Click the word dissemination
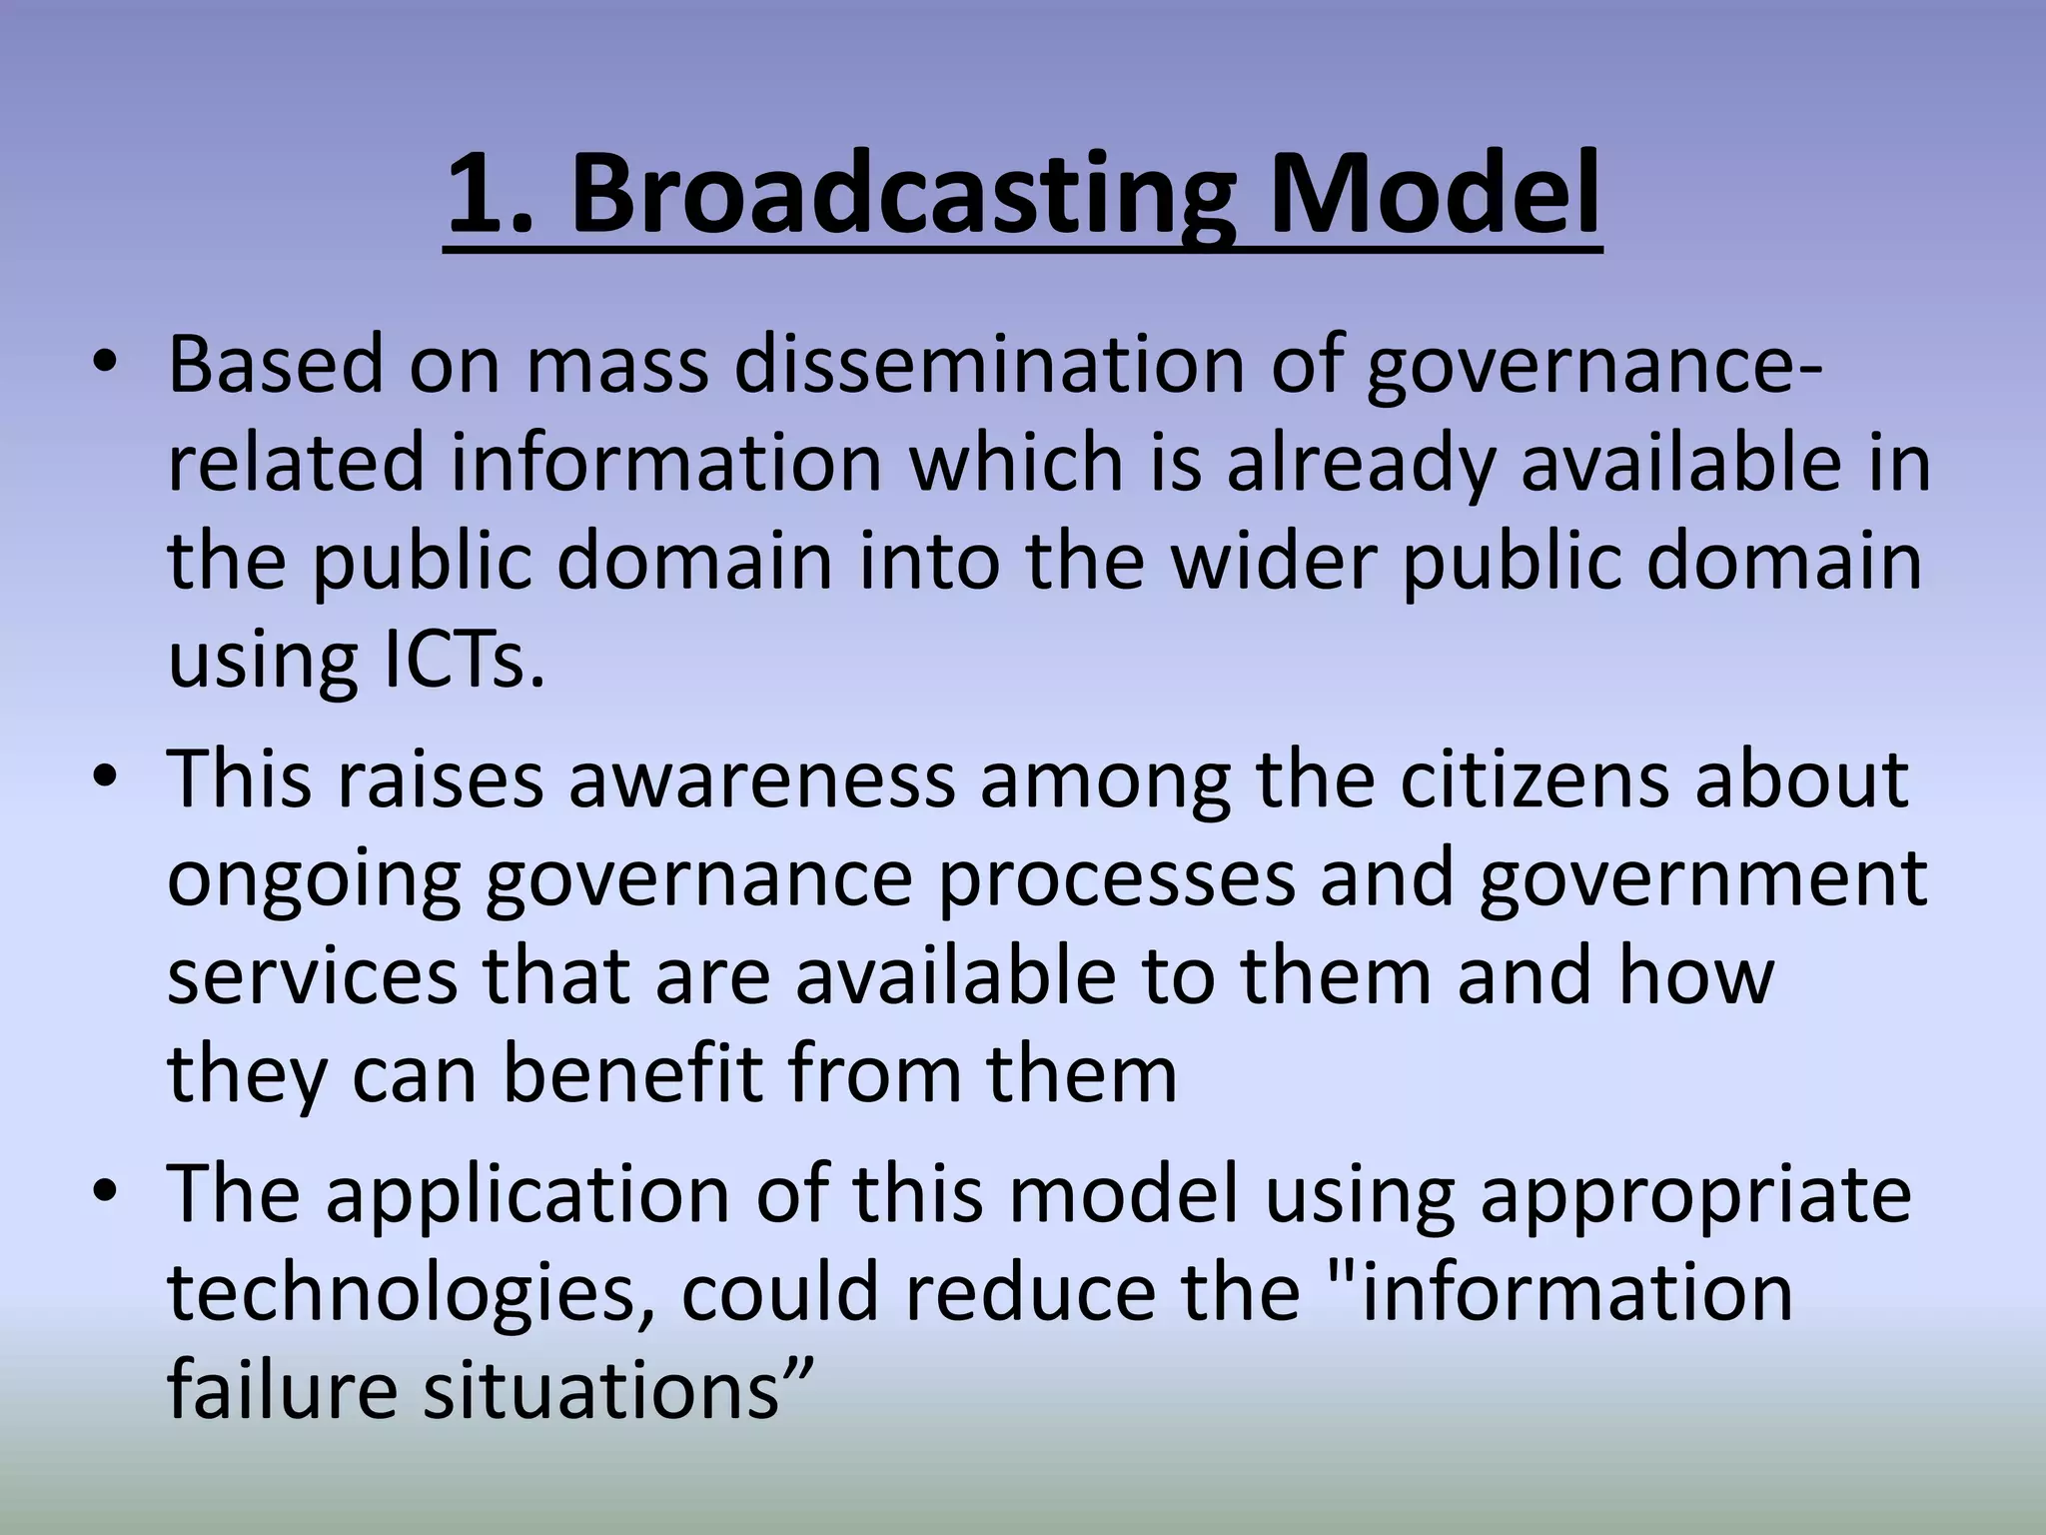(990, 366)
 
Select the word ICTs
(464, 660)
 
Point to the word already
(1360, 464)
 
